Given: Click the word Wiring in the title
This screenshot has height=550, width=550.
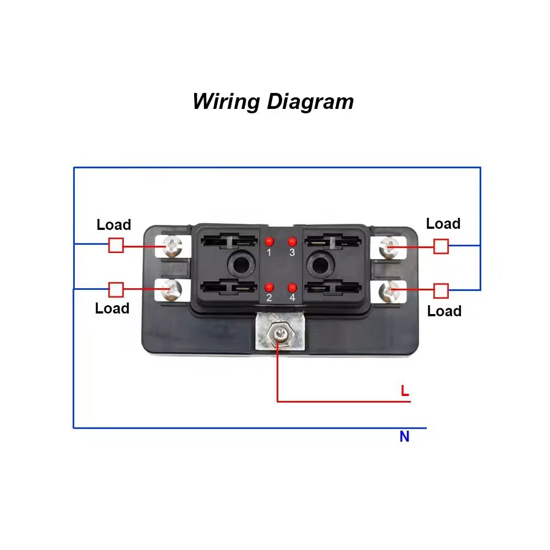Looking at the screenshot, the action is click(226, 102).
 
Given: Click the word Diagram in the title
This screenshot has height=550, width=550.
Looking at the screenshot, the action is click(310, 102).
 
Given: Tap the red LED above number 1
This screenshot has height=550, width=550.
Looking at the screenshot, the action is click(269, 241).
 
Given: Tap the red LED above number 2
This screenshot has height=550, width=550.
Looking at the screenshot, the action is click(269, 288).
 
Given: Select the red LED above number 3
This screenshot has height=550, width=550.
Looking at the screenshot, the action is click(292, 241).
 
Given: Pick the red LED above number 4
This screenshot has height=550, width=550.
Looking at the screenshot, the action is click(292, 288).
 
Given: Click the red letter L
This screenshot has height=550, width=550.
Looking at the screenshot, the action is click(405, 391).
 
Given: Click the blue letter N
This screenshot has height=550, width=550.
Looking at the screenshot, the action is click(404, 436).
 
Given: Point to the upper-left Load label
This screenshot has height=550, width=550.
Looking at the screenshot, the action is click(114, 224).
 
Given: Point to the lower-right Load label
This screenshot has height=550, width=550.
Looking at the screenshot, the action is click(444, 311).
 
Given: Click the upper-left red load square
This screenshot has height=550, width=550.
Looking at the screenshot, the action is click(116, 245).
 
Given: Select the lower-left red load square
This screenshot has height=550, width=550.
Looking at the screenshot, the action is click(116, 290).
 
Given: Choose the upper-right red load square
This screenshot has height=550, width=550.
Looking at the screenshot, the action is click(441, 246).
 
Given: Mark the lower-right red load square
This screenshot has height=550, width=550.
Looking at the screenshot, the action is click(441, 291).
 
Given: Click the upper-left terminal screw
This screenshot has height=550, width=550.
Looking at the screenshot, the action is click(172, 246).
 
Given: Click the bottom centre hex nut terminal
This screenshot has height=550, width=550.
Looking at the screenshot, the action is click(279, 334).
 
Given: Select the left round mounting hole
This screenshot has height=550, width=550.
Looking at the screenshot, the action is click(240, 265).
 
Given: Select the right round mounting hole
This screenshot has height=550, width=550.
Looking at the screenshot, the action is click(318, 265).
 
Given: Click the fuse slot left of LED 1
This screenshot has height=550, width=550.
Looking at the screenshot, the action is click(229, 241).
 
